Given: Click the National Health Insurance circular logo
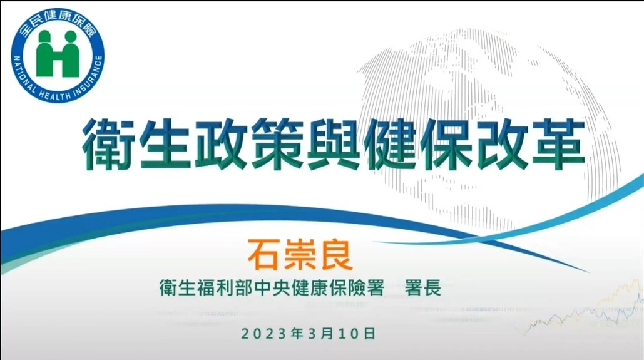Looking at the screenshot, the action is (x=58, y=56).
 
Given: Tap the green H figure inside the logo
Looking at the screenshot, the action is (x=58, y=54).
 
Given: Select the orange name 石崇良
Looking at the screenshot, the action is (x=300, y=255).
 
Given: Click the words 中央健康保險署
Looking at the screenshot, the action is (x=319, y=287).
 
